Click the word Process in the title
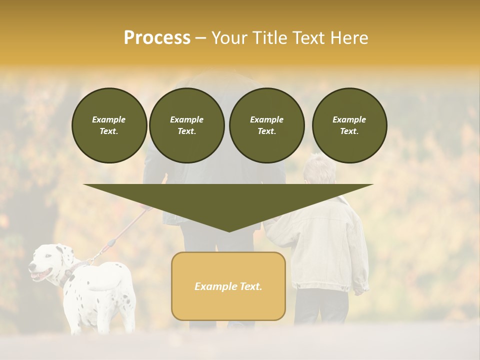157,38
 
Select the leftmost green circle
109,125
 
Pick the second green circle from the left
187,125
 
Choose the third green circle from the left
266,125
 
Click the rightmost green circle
349,125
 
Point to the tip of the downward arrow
228,230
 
